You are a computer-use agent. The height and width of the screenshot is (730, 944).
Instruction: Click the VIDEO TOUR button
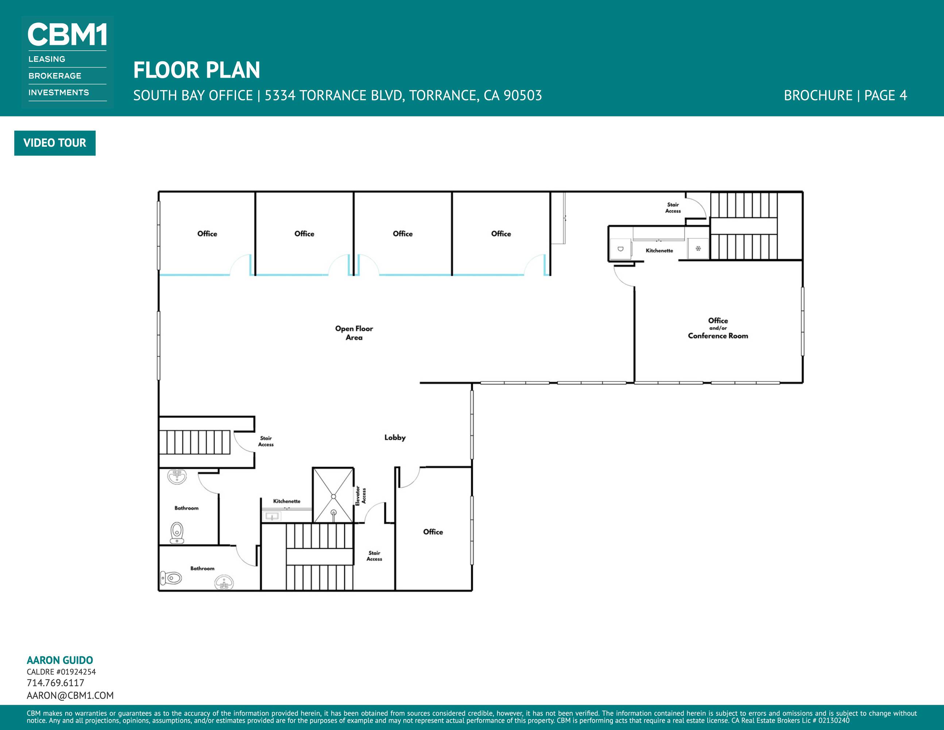(55, 143)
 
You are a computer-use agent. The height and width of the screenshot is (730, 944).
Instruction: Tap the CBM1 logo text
(67, 35)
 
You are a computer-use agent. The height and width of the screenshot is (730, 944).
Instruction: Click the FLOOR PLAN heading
(197, 70)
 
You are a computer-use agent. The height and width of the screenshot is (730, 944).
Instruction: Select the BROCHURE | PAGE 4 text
(846, 95)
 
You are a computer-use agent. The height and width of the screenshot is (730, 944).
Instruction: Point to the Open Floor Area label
(354, 333)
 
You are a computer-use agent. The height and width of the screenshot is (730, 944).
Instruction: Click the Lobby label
(395, 438)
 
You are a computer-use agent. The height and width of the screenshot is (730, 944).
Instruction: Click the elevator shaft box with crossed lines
(333, 495)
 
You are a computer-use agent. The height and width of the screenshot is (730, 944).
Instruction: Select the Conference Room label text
(718, 335)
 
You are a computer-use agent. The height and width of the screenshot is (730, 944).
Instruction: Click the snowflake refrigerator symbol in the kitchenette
(698, 248)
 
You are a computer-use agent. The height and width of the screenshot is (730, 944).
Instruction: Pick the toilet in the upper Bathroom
(177, 533)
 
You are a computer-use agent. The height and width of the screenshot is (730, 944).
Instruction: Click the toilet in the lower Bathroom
(171, 577)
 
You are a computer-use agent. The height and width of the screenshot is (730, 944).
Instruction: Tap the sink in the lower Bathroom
(224, 583)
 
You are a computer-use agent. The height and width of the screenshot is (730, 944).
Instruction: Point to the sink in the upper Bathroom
(177, 477)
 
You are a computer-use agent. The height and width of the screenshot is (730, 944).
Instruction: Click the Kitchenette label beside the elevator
(287, 501)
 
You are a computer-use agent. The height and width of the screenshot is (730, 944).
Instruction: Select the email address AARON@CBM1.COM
(70, 695)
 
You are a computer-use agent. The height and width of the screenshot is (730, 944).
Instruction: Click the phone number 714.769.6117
(55, 683)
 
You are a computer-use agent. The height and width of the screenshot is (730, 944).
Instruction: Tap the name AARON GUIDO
(60, 660)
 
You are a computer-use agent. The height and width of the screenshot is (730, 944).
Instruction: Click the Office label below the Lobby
(433, 532)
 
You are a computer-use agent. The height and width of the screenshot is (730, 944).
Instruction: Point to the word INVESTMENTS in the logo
(59, 93)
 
